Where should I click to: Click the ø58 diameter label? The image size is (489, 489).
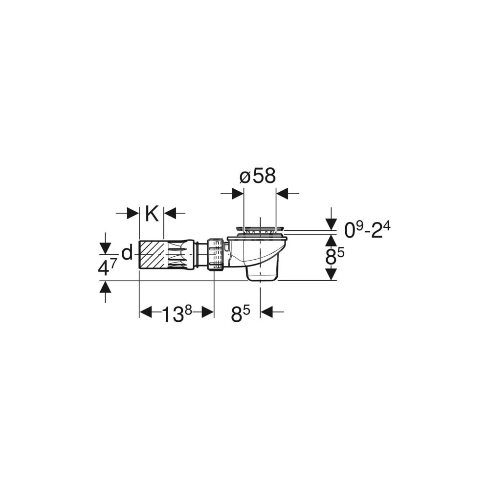(x=258, y=177)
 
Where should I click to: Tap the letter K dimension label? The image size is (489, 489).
(x=152, y=214)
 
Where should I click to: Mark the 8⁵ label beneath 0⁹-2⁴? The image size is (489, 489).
(x=334, y=258)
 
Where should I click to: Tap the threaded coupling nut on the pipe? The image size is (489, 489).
(x=215, y=254)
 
